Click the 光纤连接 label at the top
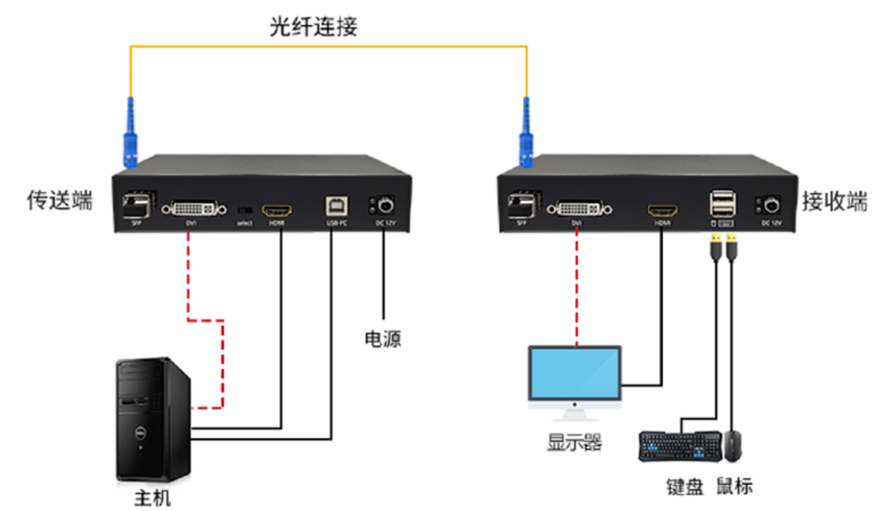click(x=313, y=26)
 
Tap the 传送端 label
click(x=60, y=200)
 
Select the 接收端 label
click(x=834, y=202)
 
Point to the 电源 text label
click(x=383, y=339)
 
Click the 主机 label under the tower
click(x=152, y=498)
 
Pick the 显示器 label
click(x=574, y=442)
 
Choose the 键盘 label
click(x=684, y=487)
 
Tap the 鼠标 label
click(x=734, y=486)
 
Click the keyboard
click(x=680, y=446)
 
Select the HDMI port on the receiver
click(x=662, y=211)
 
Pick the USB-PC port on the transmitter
click(x=336, y=206)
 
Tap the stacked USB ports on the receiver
click(x=722, y=204)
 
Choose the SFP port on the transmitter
click(x=137, y=205)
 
